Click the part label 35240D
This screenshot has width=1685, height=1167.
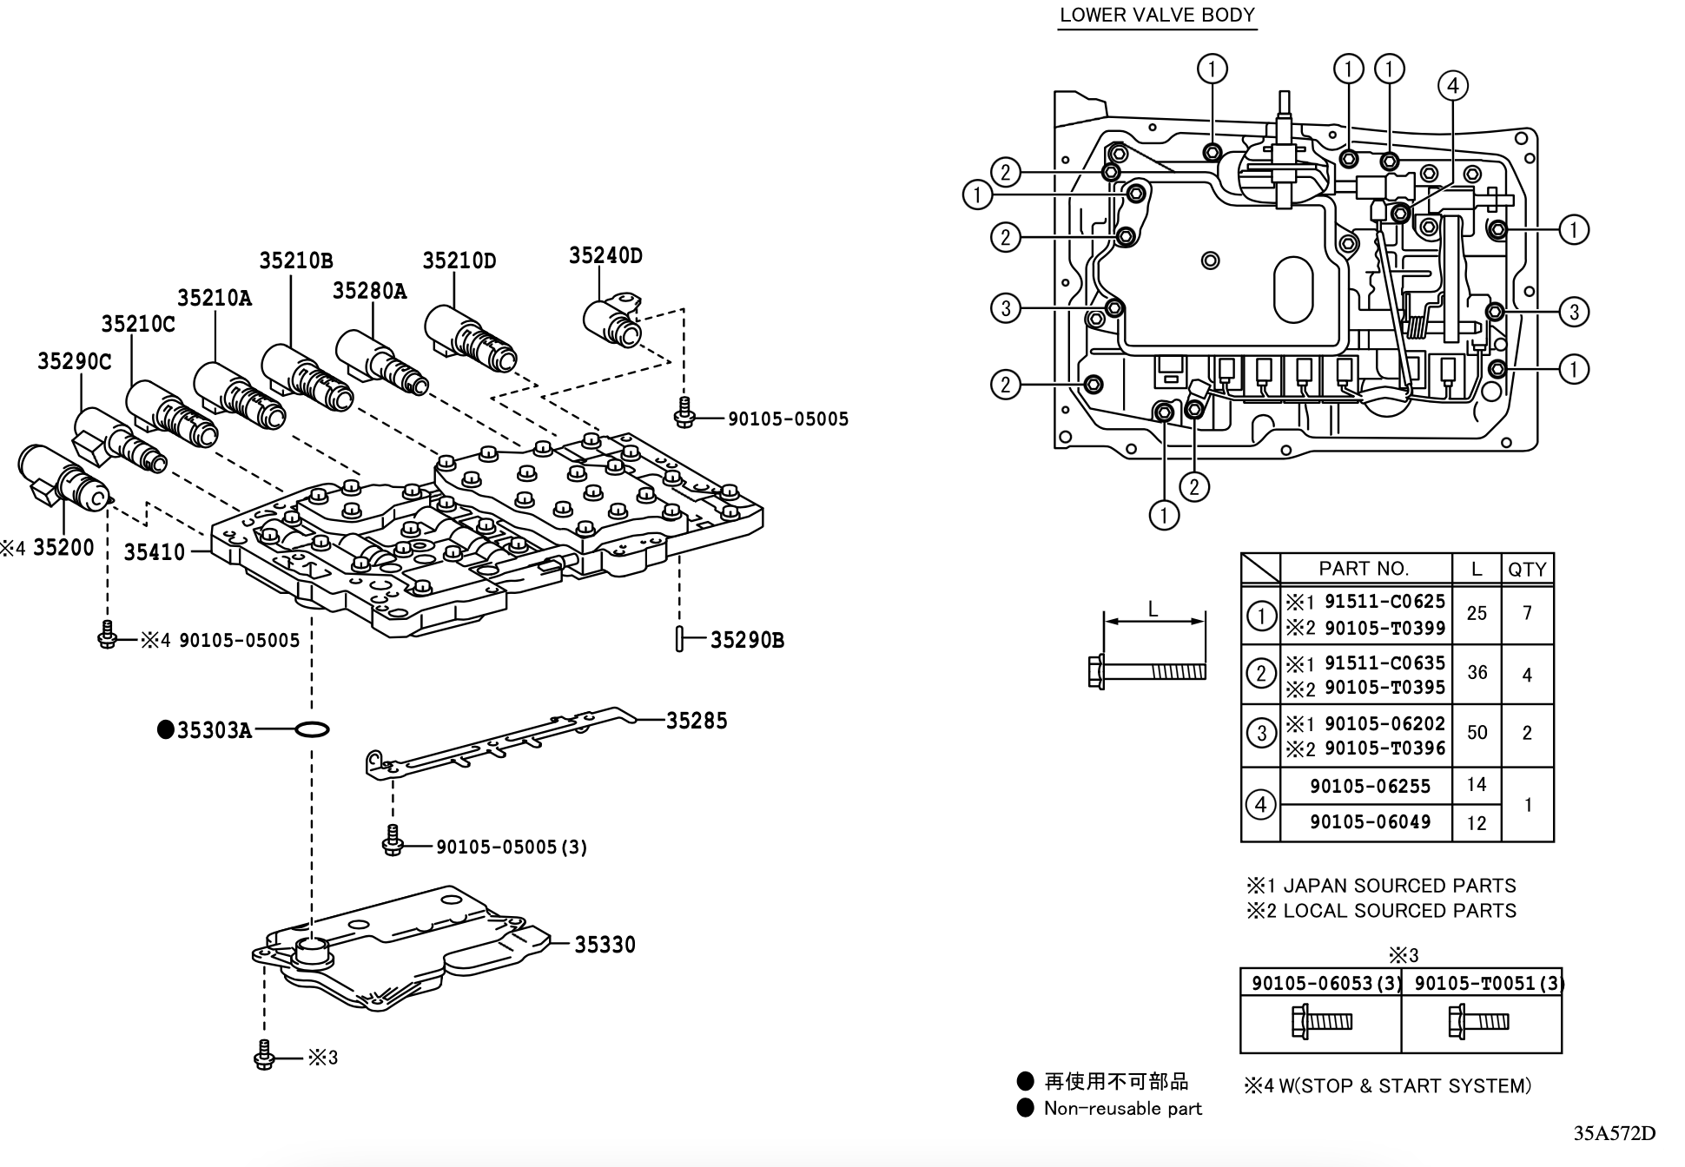pos(605,255)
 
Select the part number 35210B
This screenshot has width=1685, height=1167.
pos(295,260)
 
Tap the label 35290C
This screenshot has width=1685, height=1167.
pos(74,361)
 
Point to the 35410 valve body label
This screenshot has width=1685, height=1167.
pos(154,552)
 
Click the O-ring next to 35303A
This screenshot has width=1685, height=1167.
pos(312,729)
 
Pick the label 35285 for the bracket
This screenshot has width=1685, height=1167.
pos(697,721)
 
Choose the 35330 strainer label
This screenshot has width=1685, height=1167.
pos(605,945)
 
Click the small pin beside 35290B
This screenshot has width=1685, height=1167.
pos(679,640)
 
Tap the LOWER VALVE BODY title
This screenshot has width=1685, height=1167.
pos(1157,16)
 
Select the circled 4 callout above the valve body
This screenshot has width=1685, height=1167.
pos(1453,85)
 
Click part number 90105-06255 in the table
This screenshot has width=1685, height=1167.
pos(1370,787)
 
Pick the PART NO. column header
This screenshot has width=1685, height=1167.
pos(1363,569)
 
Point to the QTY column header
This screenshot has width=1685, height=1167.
pos(1527,570)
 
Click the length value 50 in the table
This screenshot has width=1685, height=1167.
pos(1477,733)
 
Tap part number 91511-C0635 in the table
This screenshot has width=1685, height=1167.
pos(1384,663)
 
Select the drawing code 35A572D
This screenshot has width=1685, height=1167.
pos(1614,1133)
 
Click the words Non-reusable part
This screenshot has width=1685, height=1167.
pos(1122,1109)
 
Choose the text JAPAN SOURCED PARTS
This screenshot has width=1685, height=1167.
pos(1399,886)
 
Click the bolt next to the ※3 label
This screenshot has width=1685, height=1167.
pos(265,1057)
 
